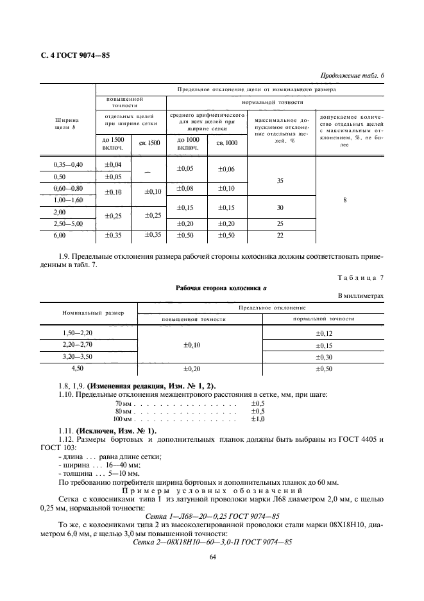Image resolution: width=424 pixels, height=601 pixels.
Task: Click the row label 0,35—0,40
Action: pyautogui.click(x=67, y=165)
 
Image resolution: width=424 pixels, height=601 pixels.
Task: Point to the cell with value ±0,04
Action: pyautogui.click(x=113, y=165)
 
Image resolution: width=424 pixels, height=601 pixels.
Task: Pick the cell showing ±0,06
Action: pyautogui.click(x=226, y=170)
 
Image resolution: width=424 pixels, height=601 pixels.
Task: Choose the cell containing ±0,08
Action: pyautogui.click(x=186, y=188)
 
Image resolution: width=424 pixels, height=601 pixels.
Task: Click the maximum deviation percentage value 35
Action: pyautogui.click(x=280, y=181)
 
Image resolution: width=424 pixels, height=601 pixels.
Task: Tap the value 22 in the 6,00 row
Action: pyautogui.click(x=280, y=236)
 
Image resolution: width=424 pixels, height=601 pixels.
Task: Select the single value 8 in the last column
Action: pyautogui.click(x=345, y=200)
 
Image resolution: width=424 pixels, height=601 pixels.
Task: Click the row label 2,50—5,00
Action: pyautogui.click(x=67, y=223)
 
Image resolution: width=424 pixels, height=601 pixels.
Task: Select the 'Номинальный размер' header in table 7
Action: pyautogui.click(x=89, y=313)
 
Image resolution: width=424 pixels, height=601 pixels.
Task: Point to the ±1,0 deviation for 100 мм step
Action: pyautogui.click(x=258, y=419)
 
